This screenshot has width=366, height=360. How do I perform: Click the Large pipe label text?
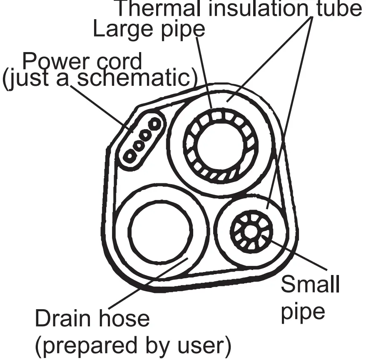[149, 30]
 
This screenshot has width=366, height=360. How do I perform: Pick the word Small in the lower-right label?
[310, 285]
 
